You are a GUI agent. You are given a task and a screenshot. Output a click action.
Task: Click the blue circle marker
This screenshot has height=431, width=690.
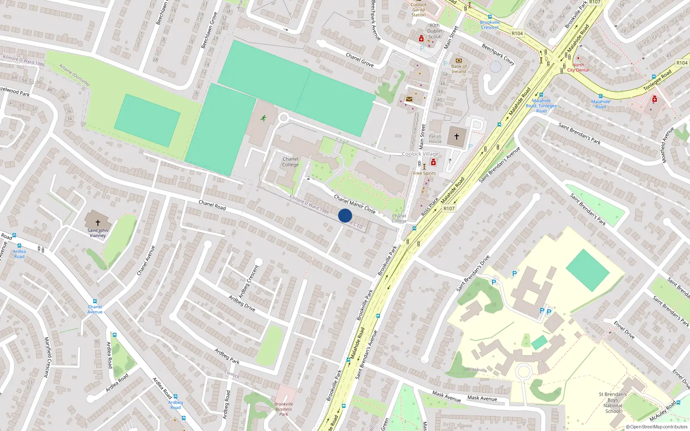click(345, 215)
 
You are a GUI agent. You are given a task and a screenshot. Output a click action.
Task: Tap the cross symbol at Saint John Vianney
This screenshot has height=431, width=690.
click(98, 222)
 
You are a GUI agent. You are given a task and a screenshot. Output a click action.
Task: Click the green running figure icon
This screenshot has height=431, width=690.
click(263, 118)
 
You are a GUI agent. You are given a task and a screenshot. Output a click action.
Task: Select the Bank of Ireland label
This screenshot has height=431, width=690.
click(459, 69)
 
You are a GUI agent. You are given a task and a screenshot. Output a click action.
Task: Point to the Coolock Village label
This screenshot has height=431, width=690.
click(420, 154)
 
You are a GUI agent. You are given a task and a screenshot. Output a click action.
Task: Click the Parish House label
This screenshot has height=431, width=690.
click(435, 139)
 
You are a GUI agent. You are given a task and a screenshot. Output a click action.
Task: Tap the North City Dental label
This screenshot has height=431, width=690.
click(578, 68)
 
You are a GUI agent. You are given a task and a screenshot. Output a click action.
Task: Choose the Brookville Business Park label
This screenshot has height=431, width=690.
click(283, 409)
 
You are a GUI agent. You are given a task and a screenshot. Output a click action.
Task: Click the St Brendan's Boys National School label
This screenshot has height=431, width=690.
click(612, 403)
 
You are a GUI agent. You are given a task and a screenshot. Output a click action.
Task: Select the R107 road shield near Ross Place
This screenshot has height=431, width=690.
click(449, 209)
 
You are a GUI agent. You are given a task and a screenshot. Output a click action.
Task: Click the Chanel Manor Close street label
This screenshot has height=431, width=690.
click(354, 204)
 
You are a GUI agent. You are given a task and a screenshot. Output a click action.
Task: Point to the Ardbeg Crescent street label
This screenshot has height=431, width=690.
click(249, 281)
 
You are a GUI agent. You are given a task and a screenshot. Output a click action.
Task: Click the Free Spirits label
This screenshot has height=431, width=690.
click(424, 173)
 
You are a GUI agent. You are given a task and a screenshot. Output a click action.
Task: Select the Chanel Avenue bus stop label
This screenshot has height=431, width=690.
click(95, 309)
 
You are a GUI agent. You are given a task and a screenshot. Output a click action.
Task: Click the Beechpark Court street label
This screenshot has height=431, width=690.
click(498, 54)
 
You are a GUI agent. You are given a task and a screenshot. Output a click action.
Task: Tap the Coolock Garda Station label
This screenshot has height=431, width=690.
click(418, 9)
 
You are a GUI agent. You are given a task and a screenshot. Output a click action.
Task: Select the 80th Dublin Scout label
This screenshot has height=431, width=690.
click(435, 31)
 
